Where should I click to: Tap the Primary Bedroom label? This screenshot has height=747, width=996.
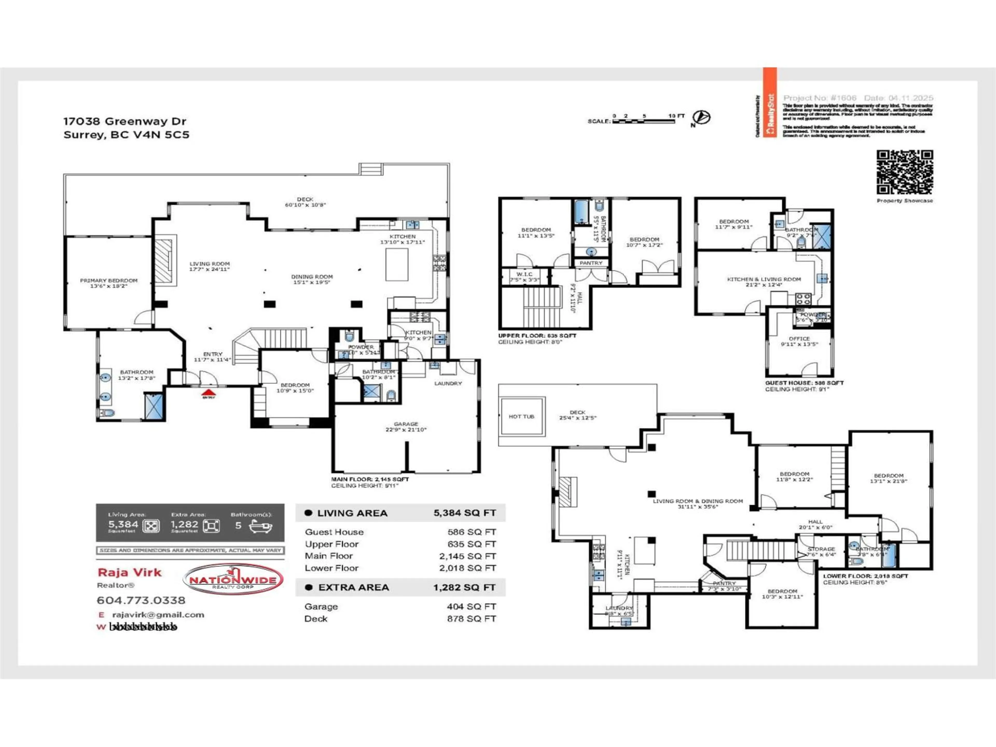pos(108,283)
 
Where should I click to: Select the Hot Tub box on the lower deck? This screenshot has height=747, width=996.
pos(521,417)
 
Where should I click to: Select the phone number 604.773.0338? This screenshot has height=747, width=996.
pos(141,600)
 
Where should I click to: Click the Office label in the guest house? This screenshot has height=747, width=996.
pos(799,338)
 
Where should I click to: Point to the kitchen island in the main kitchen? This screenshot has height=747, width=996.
pos(397,264)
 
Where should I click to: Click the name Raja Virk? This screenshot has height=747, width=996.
pos(129,572)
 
